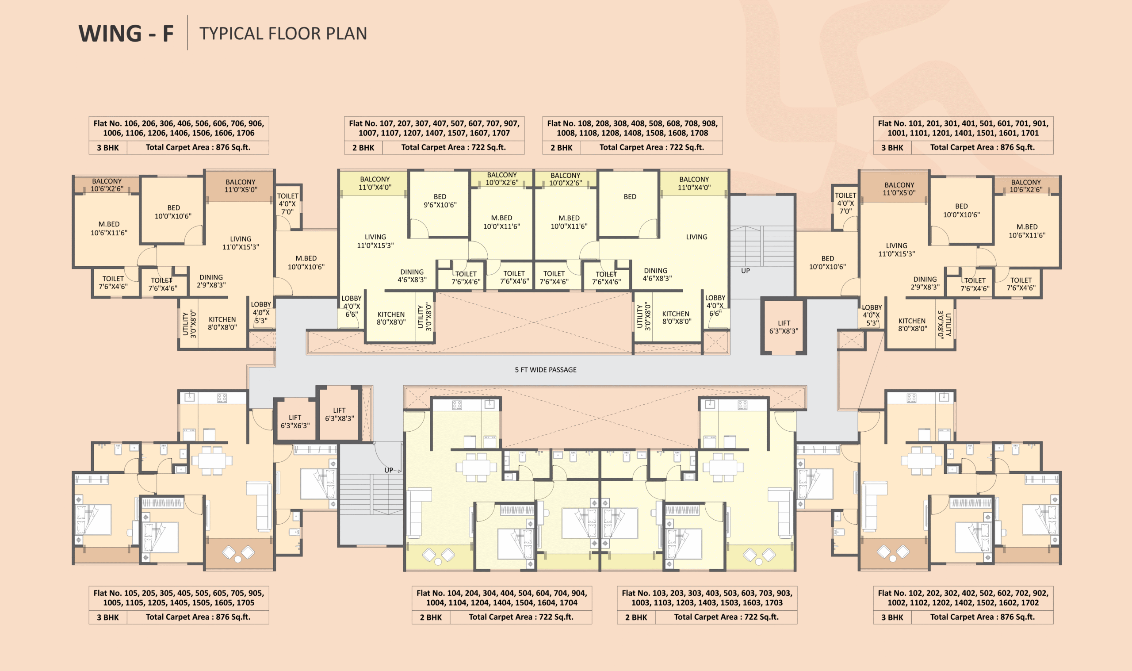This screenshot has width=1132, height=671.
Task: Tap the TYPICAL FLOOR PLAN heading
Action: pos(283,34)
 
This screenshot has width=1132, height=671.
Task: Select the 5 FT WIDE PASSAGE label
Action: pos(546,370)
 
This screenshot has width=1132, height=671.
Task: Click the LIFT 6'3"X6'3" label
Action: pos(295,422)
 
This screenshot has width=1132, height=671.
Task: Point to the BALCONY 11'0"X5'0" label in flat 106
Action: pos(241,185)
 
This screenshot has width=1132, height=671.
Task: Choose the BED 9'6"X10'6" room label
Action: pos(440,201)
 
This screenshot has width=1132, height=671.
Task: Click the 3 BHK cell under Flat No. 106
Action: pos(107,147)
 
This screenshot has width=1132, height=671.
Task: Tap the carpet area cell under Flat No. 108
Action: pos(651,147)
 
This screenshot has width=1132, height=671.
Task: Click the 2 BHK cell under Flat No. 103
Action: pos(636,617)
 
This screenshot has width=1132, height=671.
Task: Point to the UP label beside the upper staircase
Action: pos(745,271)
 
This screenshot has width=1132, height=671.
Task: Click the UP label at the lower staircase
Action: pos(389,470)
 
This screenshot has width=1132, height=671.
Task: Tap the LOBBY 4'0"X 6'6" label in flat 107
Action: pos(351,306)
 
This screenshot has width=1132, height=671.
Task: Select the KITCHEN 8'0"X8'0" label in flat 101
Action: pos(912,325)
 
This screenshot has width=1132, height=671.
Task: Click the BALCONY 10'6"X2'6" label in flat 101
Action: pos(1026,186)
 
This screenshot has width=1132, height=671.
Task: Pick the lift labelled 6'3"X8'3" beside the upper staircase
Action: pos(784,327)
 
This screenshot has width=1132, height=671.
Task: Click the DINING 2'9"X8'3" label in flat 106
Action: pos(211,281)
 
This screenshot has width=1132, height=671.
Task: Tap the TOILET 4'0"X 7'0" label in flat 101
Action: pos(845,203)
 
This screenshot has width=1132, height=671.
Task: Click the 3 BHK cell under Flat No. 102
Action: pos(892,617)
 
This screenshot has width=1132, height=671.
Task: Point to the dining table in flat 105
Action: pos(212,461)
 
